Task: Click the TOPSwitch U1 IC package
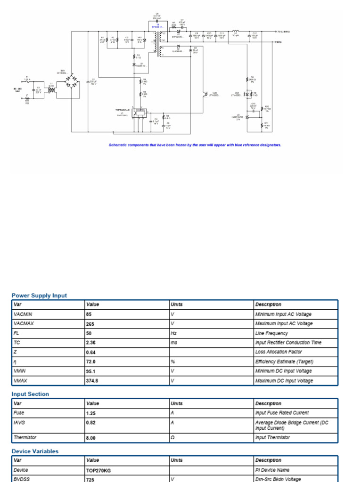point(140,112)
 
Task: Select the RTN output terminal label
point(280,42)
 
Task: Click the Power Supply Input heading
point(39,296)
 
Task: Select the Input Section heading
point(30,394)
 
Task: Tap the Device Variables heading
point(35,451)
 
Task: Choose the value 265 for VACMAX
point(90,324)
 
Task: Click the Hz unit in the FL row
point(173,333)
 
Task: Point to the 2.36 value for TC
point(91,343)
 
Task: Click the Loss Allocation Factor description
point(279,352)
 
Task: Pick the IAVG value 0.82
point(91,423)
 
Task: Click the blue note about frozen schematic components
point(195,145)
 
